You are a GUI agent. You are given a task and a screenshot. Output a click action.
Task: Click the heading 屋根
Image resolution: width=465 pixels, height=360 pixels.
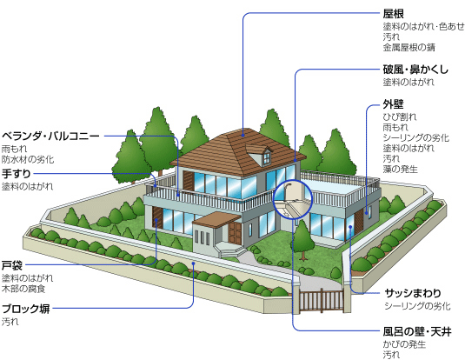click(393, 14)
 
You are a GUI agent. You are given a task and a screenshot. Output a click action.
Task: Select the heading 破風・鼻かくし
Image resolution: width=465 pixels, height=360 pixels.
click(415, 70)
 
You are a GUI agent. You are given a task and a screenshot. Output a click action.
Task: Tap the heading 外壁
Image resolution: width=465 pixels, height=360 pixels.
click(393, 104)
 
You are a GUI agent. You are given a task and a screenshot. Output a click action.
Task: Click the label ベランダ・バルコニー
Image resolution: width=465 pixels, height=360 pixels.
click(50, 137)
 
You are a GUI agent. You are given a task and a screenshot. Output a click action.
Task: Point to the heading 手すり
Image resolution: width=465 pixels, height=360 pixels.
click(17, 174)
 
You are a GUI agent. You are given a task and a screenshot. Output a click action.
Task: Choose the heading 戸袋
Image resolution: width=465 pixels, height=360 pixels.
click(12, 265)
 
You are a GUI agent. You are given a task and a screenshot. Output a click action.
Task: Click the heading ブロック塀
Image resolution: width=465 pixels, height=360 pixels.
click(26, 309)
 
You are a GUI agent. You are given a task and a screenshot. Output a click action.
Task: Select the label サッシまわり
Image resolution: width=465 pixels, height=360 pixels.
click(413, 293)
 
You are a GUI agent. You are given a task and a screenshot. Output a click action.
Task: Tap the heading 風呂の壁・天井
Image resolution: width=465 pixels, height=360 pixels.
click(417, 331)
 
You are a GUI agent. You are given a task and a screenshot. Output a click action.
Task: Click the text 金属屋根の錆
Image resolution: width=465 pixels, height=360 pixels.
click(409, 48)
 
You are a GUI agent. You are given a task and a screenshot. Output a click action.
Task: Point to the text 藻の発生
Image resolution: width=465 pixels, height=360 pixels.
click(400, 170)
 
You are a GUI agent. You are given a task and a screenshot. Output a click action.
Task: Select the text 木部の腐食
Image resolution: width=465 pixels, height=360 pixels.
click(23, 289)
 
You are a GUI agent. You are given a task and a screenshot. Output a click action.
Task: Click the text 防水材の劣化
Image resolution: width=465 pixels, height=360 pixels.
click(28, 160)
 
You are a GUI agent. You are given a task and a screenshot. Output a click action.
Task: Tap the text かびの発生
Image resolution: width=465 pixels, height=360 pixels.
click(404, 344)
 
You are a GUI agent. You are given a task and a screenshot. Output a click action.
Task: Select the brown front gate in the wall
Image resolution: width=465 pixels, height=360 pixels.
click(322, 301)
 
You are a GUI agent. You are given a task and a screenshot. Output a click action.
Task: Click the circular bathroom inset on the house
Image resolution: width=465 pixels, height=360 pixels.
click(293, 199)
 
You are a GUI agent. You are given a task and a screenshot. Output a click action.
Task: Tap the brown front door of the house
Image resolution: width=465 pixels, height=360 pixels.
click(235, 233)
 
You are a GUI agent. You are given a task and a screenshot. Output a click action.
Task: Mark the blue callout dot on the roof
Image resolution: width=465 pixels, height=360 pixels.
click(243, 136)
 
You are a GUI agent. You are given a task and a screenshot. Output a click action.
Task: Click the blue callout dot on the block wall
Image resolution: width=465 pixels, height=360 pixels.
click(193, 263)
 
